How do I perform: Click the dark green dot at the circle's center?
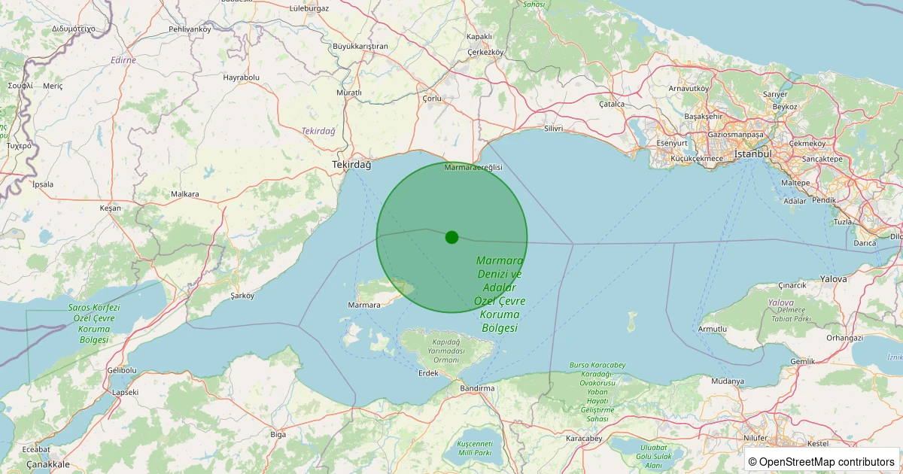(451, 237)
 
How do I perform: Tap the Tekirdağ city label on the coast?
(352, 165)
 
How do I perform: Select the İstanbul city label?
(753, 153)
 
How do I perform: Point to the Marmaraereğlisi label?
(473, 167)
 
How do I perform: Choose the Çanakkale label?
(48, 464)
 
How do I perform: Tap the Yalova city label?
(833, 279)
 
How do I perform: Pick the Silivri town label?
(553, 129)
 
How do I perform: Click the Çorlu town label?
(432, 99)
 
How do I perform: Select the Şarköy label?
(242, 296)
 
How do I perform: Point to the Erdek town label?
(427, 373)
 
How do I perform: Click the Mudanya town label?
(727, 381)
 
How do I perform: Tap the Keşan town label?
(110, 208)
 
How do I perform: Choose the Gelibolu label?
(122, 370)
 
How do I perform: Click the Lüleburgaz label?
(309, 8)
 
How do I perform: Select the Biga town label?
(278, 434)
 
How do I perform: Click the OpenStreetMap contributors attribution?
(822, 461)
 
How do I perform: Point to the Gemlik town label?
(803, 362)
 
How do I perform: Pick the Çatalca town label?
(612, 105)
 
